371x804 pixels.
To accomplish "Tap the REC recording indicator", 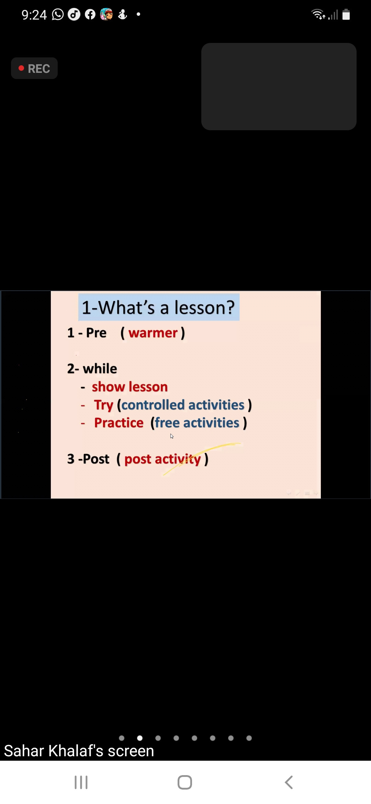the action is coord(34,68).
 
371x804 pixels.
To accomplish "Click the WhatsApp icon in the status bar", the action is coord(58,14).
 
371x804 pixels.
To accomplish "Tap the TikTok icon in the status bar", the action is coord(74,14).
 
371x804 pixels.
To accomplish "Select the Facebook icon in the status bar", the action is coord(90,14).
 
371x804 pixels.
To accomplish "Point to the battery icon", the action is coord(346,14).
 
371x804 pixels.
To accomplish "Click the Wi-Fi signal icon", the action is coord(318,14).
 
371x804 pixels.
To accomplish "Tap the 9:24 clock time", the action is coord(34,15).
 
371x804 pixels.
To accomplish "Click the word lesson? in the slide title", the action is coord(204,307).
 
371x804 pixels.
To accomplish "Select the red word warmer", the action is coord(153,333).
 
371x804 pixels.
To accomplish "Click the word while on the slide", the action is coord(100,369).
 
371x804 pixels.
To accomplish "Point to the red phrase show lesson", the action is coord(130,387).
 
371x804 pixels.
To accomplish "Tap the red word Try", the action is coord(103,405).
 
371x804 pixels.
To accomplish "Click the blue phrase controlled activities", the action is coord(183,405).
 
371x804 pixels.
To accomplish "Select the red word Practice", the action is coord(119,423).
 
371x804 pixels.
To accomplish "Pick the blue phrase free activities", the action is coord(197,423).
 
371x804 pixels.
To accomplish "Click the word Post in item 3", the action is coord(96,459).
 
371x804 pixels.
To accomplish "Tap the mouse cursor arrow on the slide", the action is coord(172,436).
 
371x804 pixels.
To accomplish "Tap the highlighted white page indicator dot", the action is coord(140,738).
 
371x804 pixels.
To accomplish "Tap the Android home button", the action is coord(185,783).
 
